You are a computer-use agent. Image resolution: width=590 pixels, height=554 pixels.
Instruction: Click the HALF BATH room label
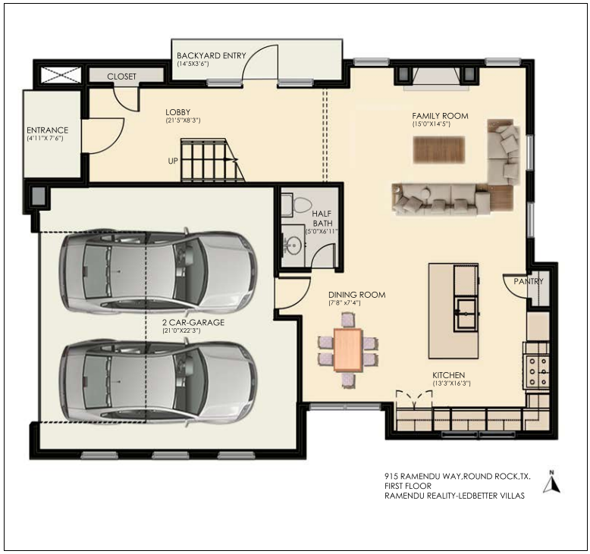[x=322, y=218]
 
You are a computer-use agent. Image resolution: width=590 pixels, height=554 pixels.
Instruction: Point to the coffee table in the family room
[x=439, y=150]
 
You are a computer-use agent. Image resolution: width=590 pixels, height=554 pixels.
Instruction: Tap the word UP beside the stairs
[x=173, y=161]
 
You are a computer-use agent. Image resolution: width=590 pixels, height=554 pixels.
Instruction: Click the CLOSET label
[x=121, y=77]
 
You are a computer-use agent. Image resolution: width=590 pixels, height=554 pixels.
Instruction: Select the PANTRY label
[x=529, y=281]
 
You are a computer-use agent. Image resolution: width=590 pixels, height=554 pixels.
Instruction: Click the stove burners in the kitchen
[x=538, y=371]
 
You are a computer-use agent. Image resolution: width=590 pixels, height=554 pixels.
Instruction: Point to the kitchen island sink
[x=466, y=313]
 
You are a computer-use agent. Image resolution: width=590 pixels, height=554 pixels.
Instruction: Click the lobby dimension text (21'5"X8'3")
[x=183, y=121]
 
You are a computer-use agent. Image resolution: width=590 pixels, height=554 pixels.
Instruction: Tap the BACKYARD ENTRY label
[x=211, y=55]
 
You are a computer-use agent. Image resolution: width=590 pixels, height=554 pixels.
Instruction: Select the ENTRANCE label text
[x=48, y=130]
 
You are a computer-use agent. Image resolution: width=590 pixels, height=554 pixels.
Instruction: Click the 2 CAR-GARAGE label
[x=193, y=322]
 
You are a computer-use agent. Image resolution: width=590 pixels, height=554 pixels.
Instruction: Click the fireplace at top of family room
[x=437, y=78]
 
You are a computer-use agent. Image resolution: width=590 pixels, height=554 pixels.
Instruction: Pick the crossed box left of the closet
[x=60, y=75]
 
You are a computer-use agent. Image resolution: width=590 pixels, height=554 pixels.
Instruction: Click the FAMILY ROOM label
[x=440, y=116]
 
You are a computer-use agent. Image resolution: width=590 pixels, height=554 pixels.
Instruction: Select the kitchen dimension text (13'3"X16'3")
[x=451, y=383]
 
